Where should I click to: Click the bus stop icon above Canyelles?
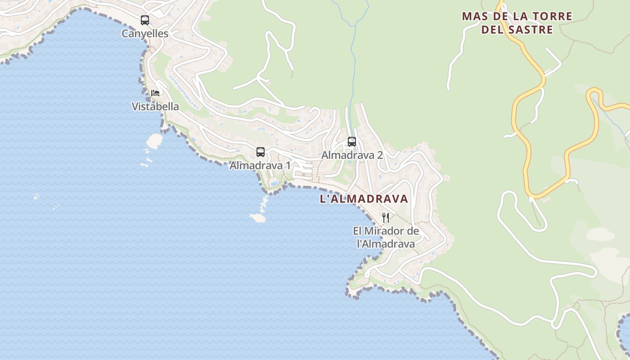[144, 20]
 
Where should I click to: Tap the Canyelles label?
[145, 34]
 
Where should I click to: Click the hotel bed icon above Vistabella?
[155, 93]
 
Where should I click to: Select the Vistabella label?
[155, 107]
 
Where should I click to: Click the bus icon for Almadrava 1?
[261, 152]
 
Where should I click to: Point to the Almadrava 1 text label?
[260, 166]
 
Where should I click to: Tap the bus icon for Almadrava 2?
[352, 142]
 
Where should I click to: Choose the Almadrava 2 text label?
[352, 155]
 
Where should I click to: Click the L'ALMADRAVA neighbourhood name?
[364, 199]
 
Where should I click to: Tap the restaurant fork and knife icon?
[386, 218]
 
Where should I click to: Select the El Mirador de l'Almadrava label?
[386, 238]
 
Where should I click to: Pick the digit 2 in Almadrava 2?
[380, 155]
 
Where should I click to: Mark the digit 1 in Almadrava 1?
[288, 166]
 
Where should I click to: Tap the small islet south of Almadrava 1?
[257, 218]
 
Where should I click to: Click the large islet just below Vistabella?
[154, 141]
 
